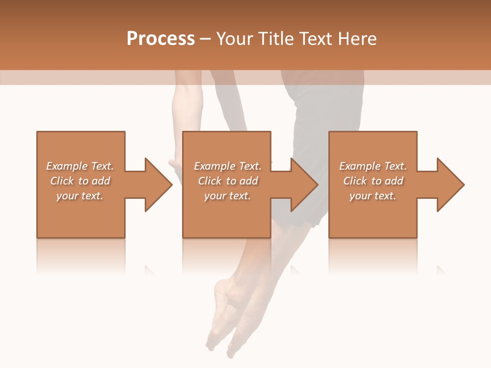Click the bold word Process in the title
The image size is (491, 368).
coord(161,39)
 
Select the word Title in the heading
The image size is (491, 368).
coord(277,39)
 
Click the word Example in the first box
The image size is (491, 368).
coord(66,166)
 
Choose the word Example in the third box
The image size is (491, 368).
coord(360,166)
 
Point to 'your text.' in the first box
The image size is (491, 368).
coord(80,196)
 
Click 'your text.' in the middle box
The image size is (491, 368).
coord(227,196)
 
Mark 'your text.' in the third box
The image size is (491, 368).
coord(373,196)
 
